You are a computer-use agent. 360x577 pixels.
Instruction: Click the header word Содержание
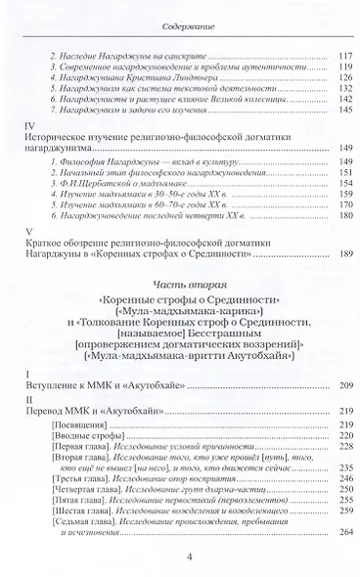tap(180, 19)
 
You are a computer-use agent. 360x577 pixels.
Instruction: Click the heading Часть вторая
tap(180, 314)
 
